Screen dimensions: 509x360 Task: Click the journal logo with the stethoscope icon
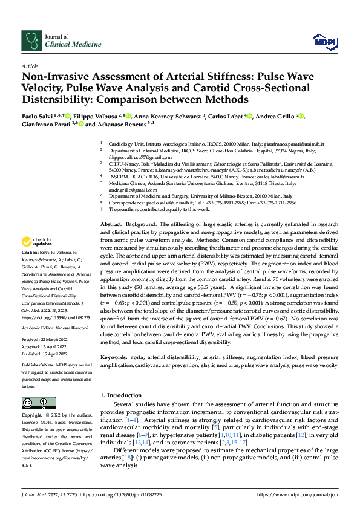click(31, 41)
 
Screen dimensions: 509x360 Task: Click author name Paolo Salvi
click(37, 117)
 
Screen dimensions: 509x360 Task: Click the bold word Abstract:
click(111, 224)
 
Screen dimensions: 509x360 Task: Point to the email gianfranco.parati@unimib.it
click(292, 144)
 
